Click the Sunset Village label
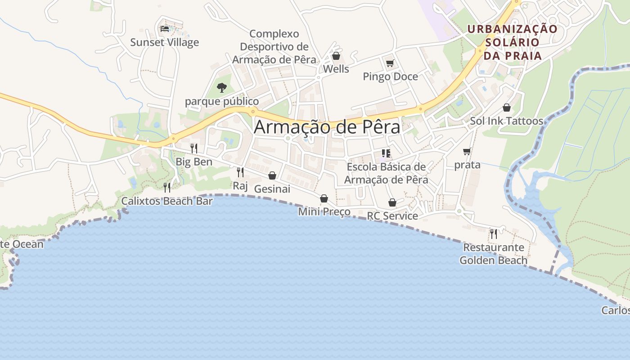coord(164,42)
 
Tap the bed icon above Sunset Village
coord(165,29)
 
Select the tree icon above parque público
coord(221,87)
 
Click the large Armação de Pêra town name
coord(327,127)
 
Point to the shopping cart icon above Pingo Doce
coord(390,63)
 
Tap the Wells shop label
coord(336,69)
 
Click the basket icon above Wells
coord(336,56)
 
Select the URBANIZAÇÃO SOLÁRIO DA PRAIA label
coord(512,42)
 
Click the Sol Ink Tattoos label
coord(506,121)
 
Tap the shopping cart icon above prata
coord(467,151)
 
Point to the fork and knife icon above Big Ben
coord(194,148)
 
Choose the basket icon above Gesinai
coord(272,175)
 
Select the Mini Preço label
coord(324,211)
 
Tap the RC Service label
coord(392,216)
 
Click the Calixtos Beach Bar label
coord(166,201)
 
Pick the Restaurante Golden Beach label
coord(494,254)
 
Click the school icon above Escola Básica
coord(386,153)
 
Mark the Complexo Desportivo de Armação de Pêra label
coord(274,47)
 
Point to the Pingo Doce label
coord(390,76)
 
